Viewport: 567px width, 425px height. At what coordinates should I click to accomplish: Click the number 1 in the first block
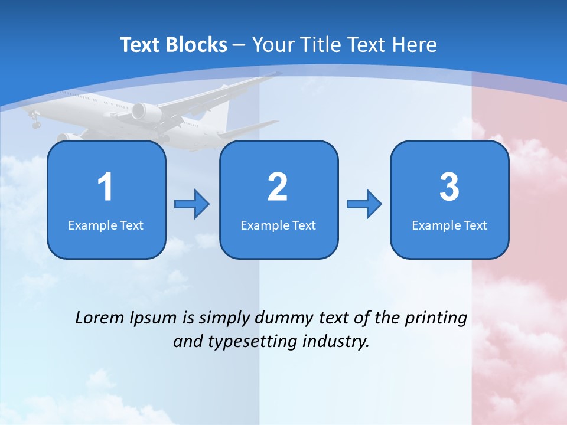pos(105,187)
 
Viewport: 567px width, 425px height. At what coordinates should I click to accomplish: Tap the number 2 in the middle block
pos(278,187)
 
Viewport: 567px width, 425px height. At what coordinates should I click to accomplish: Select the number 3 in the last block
pos(449,187)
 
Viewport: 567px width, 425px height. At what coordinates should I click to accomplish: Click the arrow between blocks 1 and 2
pos(192,204)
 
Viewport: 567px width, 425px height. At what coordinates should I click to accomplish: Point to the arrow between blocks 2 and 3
pos(364,204)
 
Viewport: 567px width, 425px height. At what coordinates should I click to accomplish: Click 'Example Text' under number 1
pos(106,225)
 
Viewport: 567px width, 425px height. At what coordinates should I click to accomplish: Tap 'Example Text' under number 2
pos(278,225)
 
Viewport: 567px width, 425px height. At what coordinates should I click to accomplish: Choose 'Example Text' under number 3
pos(449,225)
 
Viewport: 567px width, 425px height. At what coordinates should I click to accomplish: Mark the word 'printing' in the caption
pos(436,318)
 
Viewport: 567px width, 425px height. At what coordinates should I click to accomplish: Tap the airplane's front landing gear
pos(35,122)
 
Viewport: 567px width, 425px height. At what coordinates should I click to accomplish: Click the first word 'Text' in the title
pos(139,44)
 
